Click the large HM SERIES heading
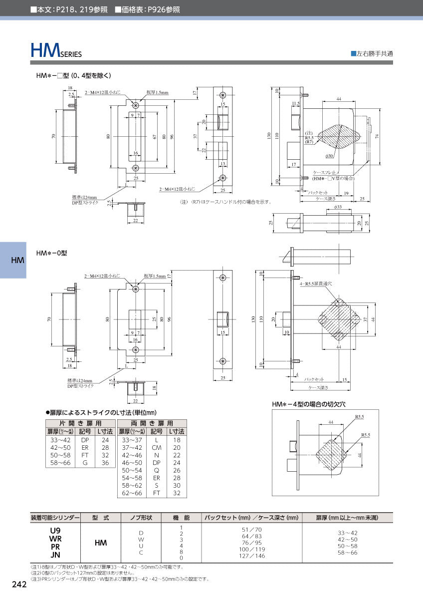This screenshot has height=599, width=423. point(56,50)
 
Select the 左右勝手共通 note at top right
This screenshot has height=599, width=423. point(372,53)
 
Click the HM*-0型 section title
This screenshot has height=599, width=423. point(51,253)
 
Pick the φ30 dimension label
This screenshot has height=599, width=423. point(329,156)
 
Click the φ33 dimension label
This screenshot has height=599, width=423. point(338,207)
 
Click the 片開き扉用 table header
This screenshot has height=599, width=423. point(80,423)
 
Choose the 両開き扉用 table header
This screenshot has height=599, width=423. point(152,423)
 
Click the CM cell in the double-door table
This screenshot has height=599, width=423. point(157,448)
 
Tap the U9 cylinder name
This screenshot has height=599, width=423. point(55,530)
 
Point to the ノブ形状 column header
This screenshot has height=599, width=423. point(141,518)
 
